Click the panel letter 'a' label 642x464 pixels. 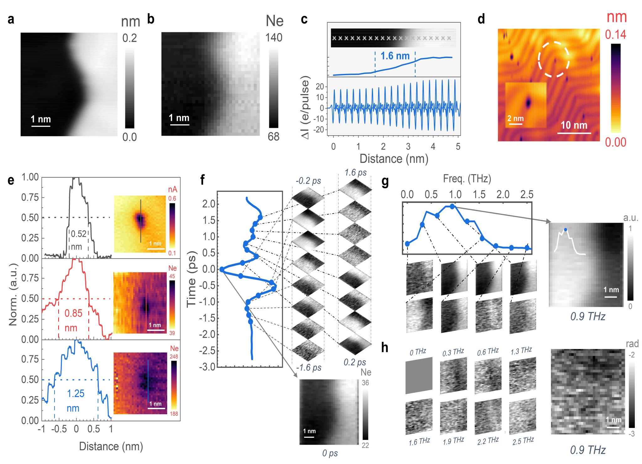11,20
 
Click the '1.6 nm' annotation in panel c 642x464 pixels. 395,56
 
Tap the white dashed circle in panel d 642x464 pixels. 554,59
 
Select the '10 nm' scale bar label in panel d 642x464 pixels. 574,125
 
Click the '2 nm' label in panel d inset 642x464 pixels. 515,118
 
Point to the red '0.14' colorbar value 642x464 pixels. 615,35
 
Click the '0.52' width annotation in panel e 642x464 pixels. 78,234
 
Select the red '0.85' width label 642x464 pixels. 73,313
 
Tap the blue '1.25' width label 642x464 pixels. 76,394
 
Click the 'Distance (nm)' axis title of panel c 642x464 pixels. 394,159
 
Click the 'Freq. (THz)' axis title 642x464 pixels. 467,179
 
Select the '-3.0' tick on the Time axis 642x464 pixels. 207,367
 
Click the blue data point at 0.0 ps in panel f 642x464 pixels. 222,269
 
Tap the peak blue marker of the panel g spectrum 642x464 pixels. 452,206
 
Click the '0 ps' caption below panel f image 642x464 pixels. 330,453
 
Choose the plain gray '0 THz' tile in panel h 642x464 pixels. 419,375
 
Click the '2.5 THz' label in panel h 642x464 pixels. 523,441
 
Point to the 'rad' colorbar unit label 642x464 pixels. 632,344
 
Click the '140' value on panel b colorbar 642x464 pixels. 274,38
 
